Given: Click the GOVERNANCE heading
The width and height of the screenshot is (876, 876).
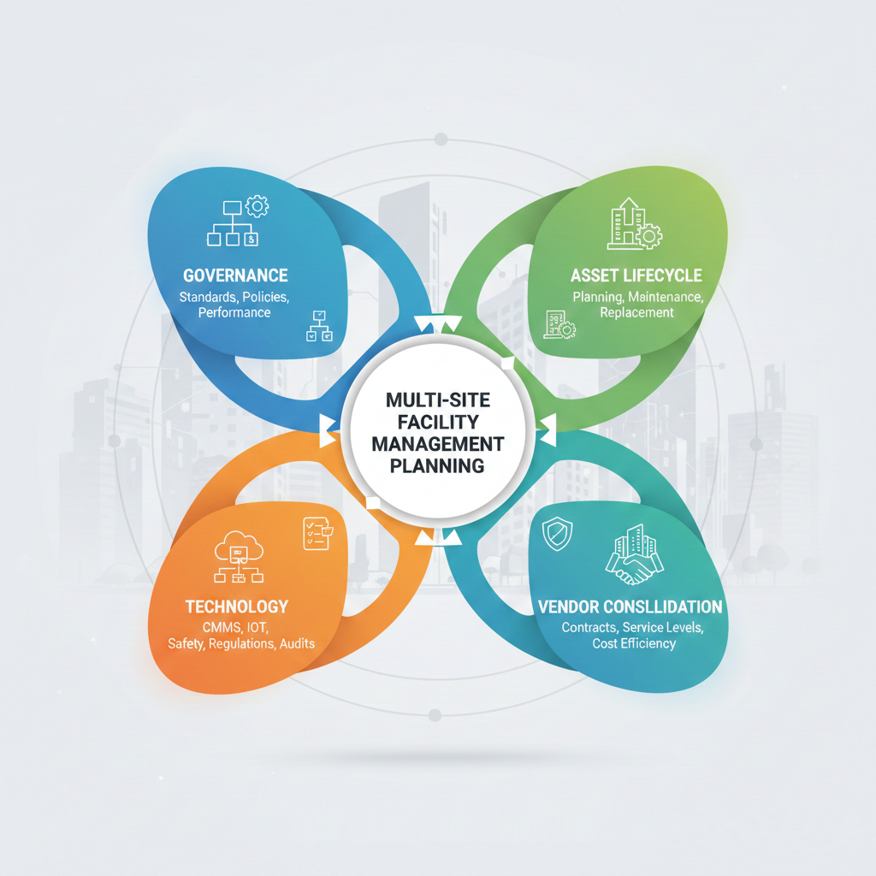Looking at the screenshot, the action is pos(235,275).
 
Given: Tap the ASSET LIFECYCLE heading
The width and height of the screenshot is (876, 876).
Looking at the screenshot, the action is pos(636,275).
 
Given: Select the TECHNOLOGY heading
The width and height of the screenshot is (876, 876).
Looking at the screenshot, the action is pos(237,607).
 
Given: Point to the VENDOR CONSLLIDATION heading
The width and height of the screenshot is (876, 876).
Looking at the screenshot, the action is pos(630,607).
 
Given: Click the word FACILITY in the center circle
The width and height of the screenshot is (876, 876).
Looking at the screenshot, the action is pos(437,422).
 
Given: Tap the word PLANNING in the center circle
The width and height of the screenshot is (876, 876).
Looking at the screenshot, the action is pos(437,466).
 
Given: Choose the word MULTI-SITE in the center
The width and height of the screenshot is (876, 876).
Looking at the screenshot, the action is pos(437,400).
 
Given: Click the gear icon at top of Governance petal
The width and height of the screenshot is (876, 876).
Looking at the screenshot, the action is pos(257,205).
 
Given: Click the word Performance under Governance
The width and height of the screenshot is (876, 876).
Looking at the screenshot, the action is pos(234,313).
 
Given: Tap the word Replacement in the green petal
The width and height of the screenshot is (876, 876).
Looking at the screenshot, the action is pos(636,313).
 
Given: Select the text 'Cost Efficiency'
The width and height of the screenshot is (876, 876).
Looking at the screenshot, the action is pos(634,643).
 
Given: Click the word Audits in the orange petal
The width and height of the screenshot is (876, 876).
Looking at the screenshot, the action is pos(297,643).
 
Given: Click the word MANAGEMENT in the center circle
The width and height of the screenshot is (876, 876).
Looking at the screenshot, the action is pos(437,444).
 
